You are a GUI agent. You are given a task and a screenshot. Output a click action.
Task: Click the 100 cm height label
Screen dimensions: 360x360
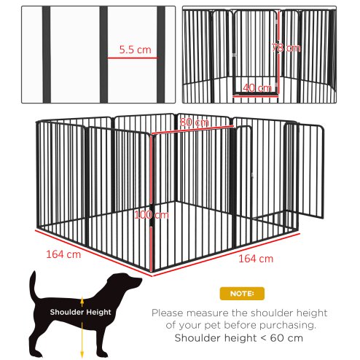click(152, 215)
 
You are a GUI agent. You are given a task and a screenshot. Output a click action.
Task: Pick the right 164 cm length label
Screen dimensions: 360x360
click(256, 259)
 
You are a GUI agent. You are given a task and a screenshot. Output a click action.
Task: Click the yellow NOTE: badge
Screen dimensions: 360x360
click(237, 294)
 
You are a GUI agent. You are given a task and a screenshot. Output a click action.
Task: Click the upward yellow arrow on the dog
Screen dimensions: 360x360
click(82, 300)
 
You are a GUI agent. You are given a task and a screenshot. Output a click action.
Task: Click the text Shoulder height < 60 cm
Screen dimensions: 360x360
click(239, 338)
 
